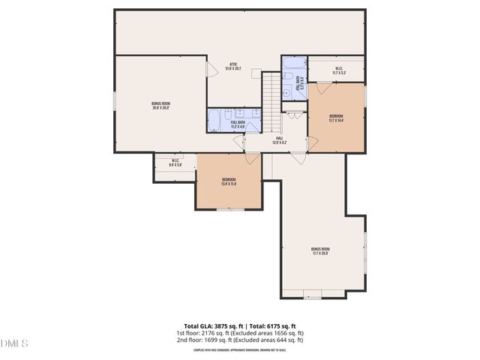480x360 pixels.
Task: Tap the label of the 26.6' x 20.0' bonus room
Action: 160,105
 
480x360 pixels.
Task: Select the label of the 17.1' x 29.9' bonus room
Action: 321,250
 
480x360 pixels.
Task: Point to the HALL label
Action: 278,140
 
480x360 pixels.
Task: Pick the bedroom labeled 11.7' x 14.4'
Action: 336,117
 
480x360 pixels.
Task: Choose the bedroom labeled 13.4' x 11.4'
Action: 229,181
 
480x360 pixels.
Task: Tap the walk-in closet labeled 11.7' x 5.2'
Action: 339,71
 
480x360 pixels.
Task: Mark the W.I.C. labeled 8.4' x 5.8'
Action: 174,163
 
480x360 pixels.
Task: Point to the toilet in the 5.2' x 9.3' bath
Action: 287,77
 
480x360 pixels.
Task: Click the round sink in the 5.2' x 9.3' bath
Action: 288,93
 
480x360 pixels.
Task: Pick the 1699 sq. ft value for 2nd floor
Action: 218,340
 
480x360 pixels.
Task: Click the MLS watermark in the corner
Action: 14,343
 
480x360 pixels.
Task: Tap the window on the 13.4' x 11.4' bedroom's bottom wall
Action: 229,209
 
